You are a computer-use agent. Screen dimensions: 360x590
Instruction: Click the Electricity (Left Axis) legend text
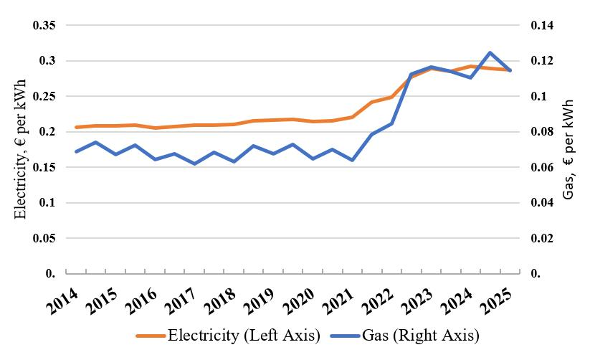click(x=243, y=335)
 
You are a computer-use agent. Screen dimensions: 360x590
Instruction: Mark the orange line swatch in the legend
click(x=149, y=336)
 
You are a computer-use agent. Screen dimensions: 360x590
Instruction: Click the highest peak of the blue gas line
click(x=490, y=52)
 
